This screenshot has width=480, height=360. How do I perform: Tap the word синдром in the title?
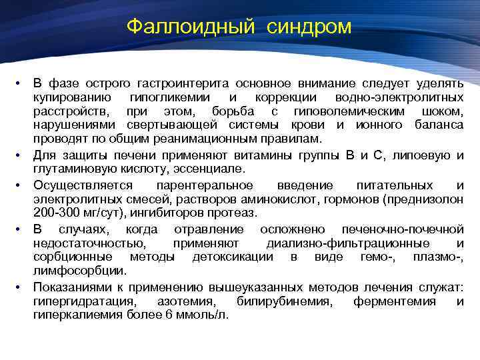[x=311, y=27]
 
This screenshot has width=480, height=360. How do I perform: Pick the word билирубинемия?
[x=291, y=301]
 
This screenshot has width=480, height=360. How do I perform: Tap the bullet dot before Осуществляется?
[x=21, y=185]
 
